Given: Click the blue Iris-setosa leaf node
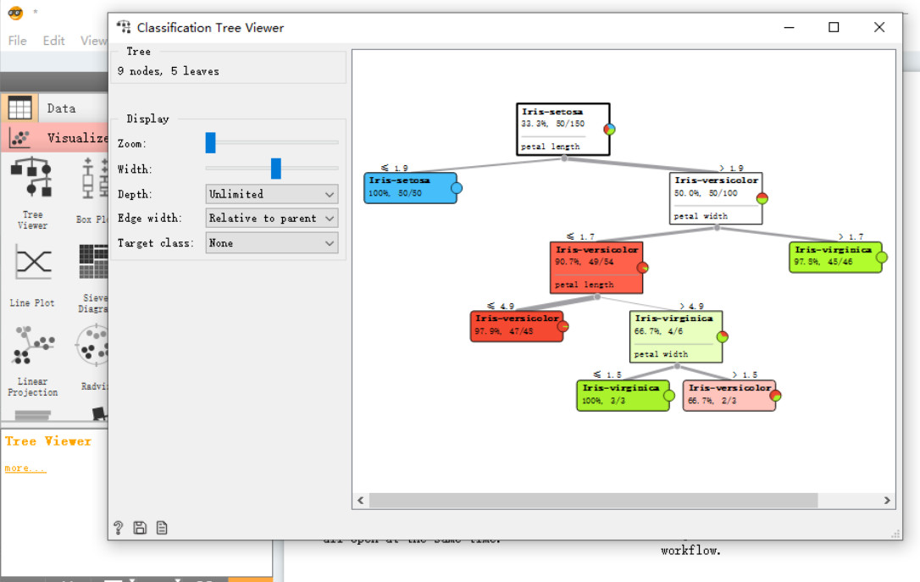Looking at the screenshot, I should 410,187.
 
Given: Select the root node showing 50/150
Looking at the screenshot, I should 563,129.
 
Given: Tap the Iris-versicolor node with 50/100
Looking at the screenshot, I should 715,198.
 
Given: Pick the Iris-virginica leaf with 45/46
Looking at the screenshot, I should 834,257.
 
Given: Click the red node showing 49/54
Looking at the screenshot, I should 596,267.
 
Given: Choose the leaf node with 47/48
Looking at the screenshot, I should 516,326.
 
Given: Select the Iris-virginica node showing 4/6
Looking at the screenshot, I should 675,336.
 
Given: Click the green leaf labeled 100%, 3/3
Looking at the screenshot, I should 621,395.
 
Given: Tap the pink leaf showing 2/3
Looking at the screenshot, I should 729,395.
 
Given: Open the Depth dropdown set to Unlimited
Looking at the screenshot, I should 271,194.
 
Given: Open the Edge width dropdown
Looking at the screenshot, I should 271,219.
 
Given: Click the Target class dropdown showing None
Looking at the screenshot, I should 271,243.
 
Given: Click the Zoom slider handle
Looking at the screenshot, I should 210,143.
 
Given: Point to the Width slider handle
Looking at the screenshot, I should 275,169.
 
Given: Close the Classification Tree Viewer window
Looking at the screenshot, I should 879,27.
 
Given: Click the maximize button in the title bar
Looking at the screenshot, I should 834,27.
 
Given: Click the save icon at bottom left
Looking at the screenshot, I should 140,528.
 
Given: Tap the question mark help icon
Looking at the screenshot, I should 119,528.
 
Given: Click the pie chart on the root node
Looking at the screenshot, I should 609,130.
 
